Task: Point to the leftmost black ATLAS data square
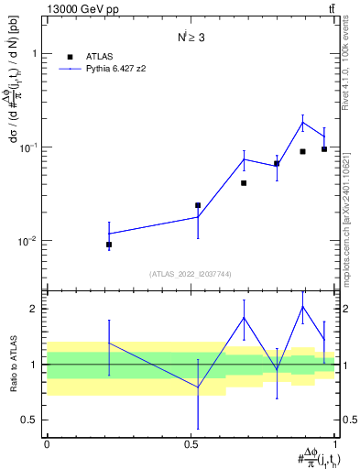[109, 245]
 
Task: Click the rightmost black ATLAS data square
[324, 149]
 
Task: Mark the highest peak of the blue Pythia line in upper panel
[302, 123]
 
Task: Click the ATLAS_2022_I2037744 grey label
[191, 274]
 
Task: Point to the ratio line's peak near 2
[302, 306]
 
